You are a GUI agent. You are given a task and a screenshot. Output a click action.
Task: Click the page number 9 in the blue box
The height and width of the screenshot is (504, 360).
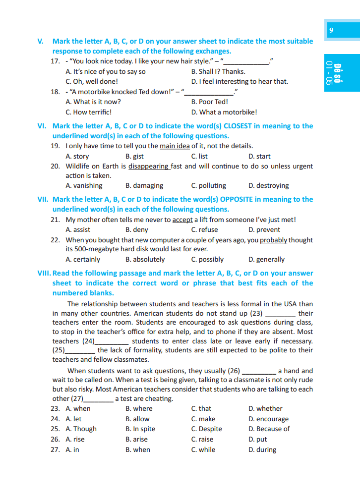[331, 31]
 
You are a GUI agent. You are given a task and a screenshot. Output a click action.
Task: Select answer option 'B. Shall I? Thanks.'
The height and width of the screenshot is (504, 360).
[218, 71]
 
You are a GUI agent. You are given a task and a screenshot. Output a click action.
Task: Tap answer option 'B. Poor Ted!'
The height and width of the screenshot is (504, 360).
[209, 102]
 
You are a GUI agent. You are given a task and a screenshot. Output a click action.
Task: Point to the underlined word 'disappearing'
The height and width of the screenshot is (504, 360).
[149, 166]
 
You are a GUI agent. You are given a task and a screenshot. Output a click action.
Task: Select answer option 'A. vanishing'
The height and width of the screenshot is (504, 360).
[84, 185]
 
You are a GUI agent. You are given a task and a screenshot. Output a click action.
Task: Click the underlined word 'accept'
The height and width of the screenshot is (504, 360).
[182, 220]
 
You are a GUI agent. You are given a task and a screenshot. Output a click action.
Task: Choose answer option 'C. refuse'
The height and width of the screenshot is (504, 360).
[204, 229]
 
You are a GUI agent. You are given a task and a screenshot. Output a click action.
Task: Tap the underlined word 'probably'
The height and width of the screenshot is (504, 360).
[273, 240]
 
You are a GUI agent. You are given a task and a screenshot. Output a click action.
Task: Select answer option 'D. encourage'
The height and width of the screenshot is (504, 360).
[268, 419]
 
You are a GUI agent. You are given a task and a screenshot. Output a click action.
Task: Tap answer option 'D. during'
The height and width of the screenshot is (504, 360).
[262, 449]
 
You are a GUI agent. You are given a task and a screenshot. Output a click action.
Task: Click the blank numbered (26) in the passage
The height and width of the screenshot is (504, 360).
[259, 371]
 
